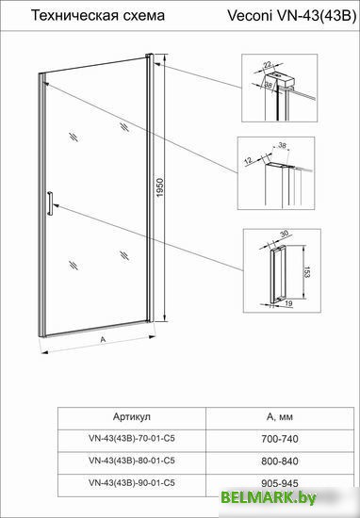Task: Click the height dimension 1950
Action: (160, 188)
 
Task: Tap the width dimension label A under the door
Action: (103, 339)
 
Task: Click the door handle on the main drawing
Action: (50, 203)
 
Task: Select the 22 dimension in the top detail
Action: (268, 64)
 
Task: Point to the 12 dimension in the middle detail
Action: (248, 160)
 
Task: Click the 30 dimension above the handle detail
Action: (285, 234)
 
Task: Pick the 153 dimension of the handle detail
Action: (307, 272)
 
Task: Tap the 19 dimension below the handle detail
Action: (288, 303)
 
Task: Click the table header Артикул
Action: (132, 416)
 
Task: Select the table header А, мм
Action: (280, 417)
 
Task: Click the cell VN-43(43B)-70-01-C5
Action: (132, 438)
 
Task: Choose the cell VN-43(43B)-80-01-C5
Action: (132, 461)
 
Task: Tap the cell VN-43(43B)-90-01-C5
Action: (132, 482)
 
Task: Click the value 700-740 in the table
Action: (280, 439)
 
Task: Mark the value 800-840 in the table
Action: (280, 461)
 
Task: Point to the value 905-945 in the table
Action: (280, 483)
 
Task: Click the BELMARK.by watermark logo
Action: (269, 497)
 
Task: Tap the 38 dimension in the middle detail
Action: (282, 145)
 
